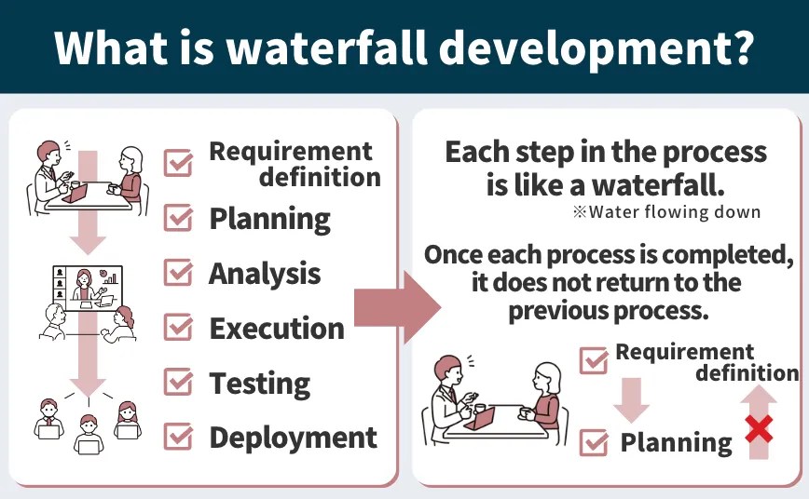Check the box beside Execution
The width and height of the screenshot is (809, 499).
point(178,328)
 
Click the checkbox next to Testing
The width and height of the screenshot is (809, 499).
point(178,382)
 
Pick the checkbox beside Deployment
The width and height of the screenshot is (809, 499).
point(178,437)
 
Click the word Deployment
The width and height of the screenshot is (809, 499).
point(293,438)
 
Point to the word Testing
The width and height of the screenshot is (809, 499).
point(259,383)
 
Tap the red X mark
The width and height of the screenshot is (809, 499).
point(760,429)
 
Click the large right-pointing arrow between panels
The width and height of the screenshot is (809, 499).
point(396,308)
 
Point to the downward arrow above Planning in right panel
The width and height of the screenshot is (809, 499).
point(631,398)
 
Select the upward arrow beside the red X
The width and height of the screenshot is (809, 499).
point(760,419)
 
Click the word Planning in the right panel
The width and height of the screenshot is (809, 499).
point(676,443)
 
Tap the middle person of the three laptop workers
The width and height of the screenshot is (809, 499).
point(88,432)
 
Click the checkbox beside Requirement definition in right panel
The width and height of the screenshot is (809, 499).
point(594,360)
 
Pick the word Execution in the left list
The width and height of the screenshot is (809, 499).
point(277,329)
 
